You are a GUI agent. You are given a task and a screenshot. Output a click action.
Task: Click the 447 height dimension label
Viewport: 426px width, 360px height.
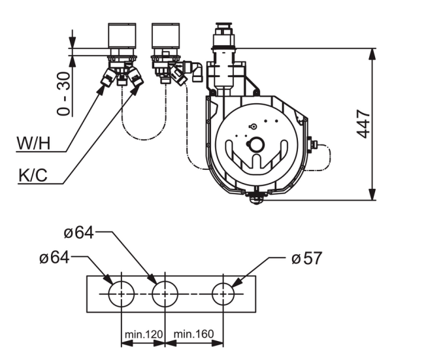click(x=363, y=124)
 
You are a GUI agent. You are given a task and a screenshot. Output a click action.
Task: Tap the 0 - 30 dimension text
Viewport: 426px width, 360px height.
click(x=63, y=93)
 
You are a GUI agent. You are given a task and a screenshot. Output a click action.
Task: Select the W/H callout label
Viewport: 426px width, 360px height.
click(x=34, y=143)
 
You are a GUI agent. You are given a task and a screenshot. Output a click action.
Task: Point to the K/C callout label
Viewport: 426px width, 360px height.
click(x=33, y=175)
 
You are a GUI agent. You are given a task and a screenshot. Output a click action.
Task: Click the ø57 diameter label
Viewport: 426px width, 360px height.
click(x=306, y=258)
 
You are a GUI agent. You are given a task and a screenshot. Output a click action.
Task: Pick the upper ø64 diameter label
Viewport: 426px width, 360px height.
click(x=79, y=233)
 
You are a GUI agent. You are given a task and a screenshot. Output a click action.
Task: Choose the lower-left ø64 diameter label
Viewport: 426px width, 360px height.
click(x=54, y=257)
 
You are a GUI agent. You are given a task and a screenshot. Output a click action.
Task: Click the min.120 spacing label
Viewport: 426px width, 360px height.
click(x=144, y=334)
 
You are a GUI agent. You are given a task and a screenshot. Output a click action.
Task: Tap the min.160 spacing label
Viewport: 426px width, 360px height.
click(x=193, y=334)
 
